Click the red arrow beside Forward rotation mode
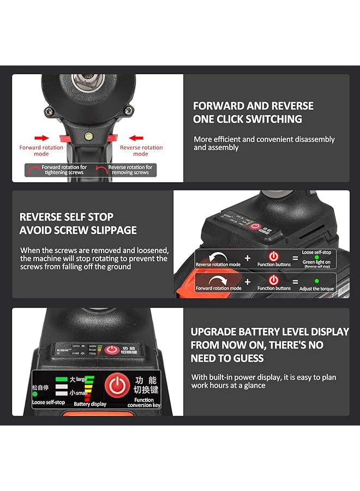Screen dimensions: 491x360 click(x=41, y=139)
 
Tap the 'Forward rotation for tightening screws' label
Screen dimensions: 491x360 click(x=64, y=170)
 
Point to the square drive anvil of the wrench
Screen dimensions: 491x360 click(x=87, y=82)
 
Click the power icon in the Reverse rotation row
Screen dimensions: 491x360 click(x=274, y=255)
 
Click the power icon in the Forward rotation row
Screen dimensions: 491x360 click(x=274, y=280)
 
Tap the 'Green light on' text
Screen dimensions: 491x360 click(x=316, y=262)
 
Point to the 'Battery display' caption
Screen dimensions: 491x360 click(x=89, y=404)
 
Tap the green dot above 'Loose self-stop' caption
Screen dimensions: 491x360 click(x=35, y=394)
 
